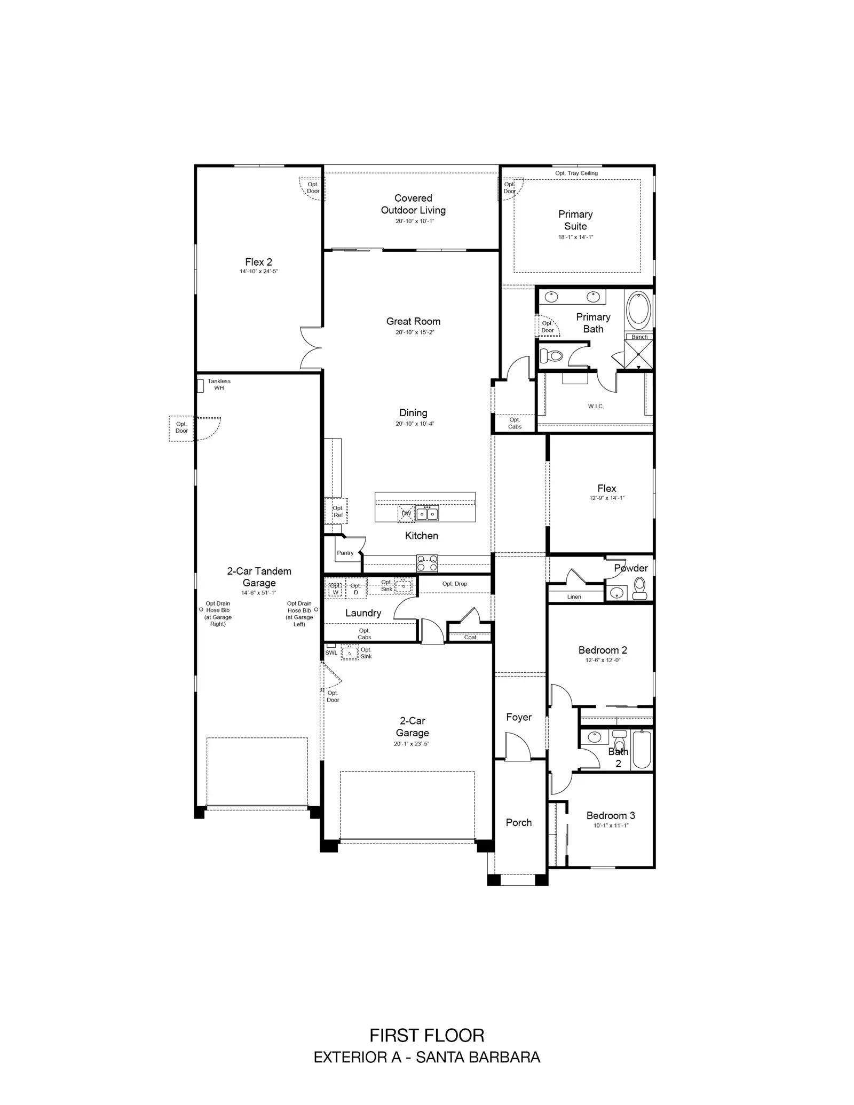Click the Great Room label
(x=413, y=321)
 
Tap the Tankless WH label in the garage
(x=219, y=384)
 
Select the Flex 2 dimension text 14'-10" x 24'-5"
(x=259, y=271)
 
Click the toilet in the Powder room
(x=639, y=589)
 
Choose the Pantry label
(x=345, y=553)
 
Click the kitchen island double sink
(x=427, y=514)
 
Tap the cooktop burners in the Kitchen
(x=427, y=563)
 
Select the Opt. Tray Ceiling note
(x=576, y=173)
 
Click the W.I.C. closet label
(x=596, y=406)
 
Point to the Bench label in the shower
(x=639, y=337)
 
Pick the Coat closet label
(x=470, y=637)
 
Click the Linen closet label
(x=574, y=597)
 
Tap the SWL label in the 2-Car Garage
(x=331, y=653)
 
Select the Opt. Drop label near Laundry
(x=455, y=584)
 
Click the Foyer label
(x=519, y=717)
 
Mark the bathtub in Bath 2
(x=642, y=749)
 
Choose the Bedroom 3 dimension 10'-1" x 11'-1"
(x=611, y=825)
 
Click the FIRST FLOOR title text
(x=427, y=1036)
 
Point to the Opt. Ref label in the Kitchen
(x=338, y=511)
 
